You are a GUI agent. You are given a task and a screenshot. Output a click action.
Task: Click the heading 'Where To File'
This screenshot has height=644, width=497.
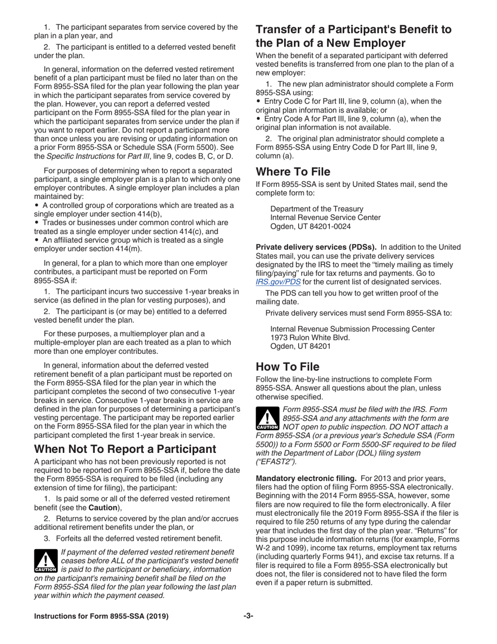coord(293,171)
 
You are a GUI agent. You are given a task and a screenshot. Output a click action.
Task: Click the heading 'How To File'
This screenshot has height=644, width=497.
coord(287,367)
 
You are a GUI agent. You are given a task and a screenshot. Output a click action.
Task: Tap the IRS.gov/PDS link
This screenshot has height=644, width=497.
coord(278,281)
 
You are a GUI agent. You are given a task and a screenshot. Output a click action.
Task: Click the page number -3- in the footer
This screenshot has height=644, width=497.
coord(248,616)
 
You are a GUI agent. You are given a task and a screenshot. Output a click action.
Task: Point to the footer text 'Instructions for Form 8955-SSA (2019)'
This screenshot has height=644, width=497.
coord(101,617)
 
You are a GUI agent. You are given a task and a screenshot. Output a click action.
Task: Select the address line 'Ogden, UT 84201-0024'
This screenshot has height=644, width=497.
coord(310,227)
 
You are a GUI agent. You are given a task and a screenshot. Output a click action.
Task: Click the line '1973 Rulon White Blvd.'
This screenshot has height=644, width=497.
coord(310,338)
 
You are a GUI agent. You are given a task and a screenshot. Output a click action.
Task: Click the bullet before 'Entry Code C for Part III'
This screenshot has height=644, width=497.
coord(258,101)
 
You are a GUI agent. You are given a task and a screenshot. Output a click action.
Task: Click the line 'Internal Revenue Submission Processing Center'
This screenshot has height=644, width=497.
coord(352,329)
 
